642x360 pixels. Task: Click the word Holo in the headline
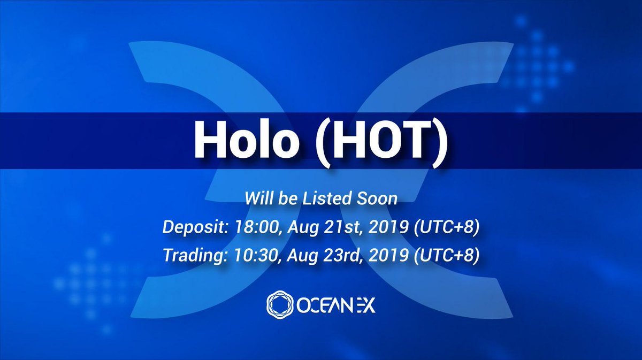pyautogui.click(x=246, y=139)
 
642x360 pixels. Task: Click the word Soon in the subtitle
pyautogui.click(x=377, y=198)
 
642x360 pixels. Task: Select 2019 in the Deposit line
pyautogui.click(x=389, y=227)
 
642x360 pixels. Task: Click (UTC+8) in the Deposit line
pyautogui.click(x=447, y=227)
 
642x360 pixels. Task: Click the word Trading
pyautogui.click(x=195, y=256)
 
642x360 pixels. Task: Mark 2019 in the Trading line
pyautogui.click(x=388, y=255)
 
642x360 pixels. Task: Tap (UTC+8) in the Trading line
pyautogui.click(x=447, y=256)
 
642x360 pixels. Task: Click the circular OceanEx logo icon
pyautogui.click(x=280, y=305)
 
